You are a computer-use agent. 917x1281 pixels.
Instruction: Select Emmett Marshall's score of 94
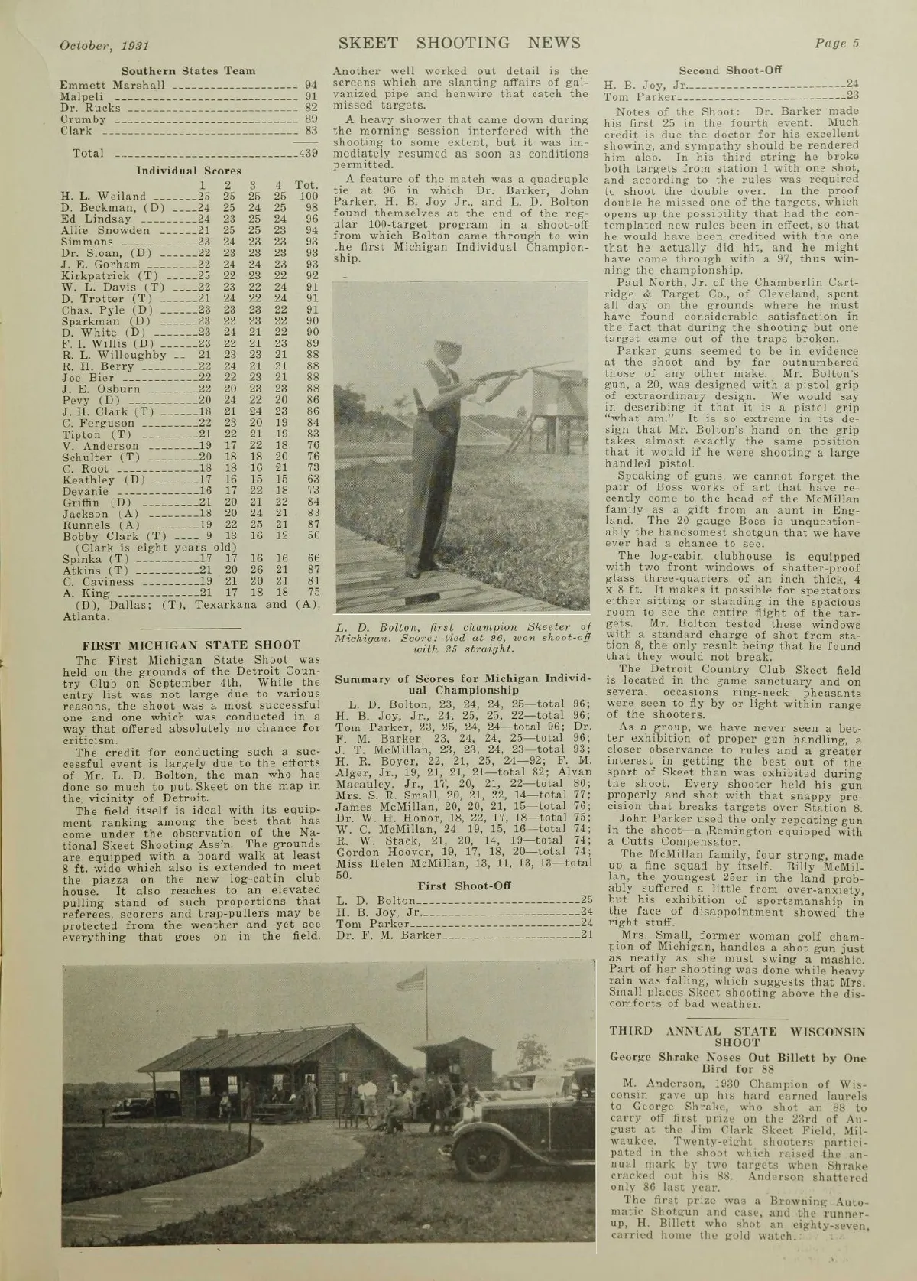(310, 84)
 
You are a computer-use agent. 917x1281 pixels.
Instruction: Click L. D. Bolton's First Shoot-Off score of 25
(587, 899)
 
